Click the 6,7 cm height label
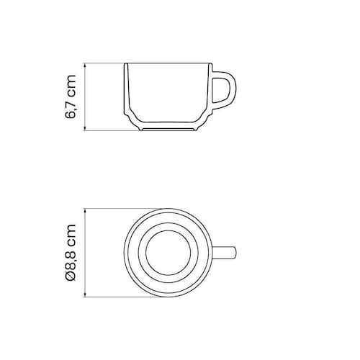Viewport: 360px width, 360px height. [71, 96]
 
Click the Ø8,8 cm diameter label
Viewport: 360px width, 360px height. [71, 253]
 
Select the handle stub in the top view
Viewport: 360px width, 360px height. [225, 253]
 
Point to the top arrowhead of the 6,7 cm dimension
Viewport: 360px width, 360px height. [85, 66]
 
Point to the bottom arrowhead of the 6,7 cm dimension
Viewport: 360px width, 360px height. [85, 128]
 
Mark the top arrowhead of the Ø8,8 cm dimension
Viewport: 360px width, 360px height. [85, 211]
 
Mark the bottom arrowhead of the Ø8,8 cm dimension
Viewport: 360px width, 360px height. [85, 294]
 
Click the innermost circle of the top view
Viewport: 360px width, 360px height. [168, 230]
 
